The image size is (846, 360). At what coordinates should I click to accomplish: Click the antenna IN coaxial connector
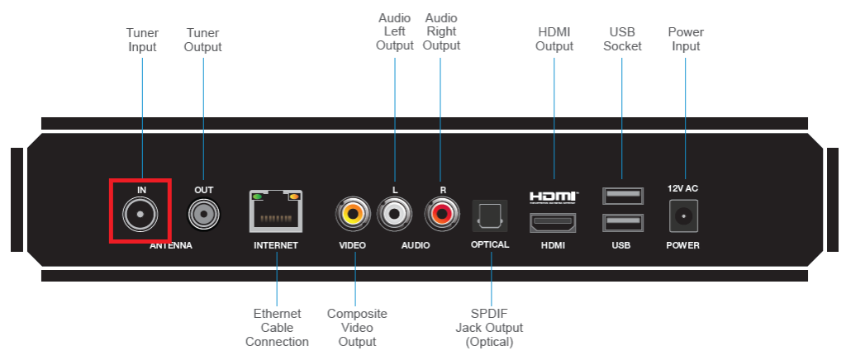140,216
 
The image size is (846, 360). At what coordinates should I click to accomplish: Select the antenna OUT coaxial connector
203,216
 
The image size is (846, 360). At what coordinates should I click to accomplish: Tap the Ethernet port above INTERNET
276,211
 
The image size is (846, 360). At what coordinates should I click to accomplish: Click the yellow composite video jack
353,216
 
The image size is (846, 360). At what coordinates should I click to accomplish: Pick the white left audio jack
394,216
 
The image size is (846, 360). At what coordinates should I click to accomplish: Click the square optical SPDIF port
490,216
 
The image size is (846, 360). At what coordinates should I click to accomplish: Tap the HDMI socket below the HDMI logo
553,222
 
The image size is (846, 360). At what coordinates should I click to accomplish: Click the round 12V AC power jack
682,216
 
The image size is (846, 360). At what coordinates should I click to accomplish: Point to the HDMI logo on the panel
553,197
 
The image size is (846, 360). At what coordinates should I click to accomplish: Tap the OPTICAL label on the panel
490,245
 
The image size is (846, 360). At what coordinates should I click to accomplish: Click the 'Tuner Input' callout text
142,40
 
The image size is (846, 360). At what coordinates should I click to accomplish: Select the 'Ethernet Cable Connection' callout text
277,328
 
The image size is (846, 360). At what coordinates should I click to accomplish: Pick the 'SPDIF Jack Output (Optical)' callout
490,328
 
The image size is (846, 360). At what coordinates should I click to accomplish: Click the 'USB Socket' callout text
622,40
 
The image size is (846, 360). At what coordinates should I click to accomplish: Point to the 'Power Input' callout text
686,40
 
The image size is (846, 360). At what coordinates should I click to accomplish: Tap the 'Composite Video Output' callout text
357,328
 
